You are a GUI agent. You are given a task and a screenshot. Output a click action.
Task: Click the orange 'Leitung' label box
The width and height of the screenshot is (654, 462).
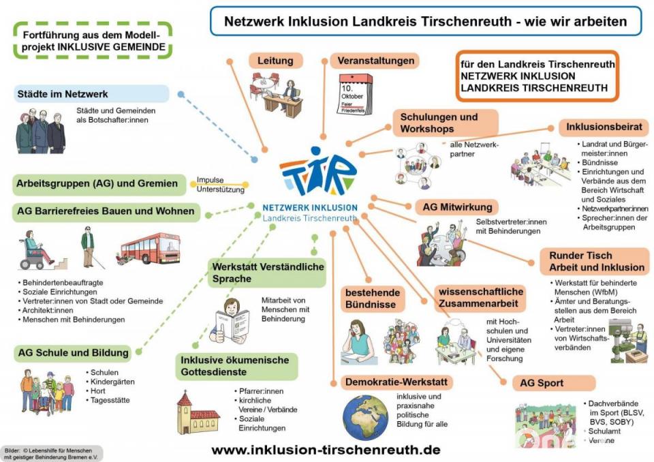[275, 61]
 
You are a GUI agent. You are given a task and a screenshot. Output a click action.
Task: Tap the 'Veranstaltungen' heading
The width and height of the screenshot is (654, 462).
[376, 61]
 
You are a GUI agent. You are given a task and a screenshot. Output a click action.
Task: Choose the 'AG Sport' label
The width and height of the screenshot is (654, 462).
[544, 383]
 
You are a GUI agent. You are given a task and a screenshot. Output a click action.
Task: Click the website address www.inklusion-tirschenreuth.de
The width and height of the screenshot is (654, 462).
[326, 450]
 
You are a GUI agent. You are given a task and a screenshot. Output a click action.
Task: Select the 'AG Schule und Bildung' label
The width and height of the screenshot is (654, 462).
[74, 352]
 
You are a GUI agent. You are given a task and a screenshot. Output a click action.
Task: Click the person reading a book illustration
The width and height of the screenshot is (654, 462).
[232, 319]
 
